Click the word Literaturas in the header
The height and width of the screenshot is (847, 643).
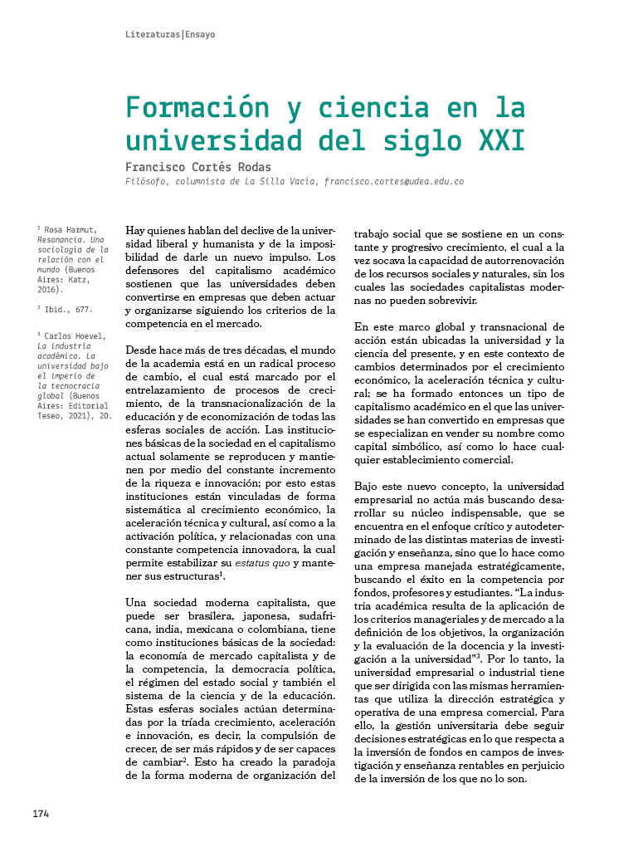pos(153,35)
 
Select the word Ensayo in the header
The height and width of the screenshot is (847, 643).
pos(200,35)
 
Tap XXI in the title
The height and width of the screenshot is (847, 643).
pos(503,141)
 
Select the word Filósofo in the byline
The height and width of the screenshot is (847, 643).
pos(146,181)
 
